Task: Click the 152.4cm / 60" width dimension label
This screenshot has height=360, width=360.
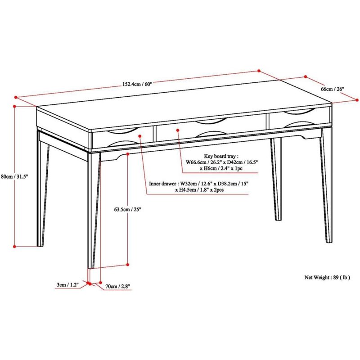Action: [x=137, y=84]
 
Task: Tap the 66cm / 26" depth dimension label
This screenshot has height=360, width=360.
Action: [x=333, y=89]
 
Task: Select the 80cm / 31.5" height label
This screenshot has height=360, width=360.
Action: [x=14, y=176]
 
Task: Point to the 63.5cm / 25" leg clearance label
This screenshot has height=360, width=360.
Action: [x=127, y=209]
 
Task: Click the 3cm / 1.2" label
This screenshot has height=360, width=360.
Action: [x=67, y=285]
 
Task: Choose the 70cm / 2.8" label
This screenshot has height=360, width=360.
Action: [x=118, y=286]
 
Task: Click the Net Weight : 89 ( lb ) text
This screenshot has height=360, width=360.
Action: [x=327, y=277]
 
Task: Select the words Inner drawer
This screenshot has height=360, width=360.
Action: [x=162, y=184]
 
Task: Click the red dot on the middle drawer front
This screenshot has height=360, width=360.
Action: [x=177, y=130]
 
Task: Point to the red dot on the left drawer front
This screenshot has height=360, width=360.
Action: [x=140, y=136]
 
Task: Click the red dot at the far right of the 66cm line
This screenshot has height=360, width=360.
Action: [x=357, y=100]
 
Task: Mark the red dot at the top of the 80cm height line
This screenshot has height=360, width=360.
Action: [x=14, y=106]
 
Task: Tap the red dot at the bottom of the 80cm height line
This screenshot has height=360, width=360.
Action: [x=14, y=246]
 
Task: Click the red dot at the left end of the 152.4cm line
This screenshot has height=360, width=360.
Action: [x=16, y=97]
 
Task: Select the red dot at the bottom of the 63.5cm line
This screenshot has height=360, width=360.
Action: [x=128, y=265]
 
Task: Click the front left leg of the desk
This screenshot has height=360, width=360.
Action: [x=94, y=210]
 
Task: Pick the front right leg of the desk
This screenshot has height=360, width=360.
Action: [x=327, y=185]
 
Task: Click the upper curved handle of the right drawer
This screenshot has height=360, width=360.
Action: [x=298, y=112]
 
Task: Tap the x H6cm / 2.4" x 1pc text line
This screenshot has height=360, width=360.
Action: [x=221, y=168]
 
